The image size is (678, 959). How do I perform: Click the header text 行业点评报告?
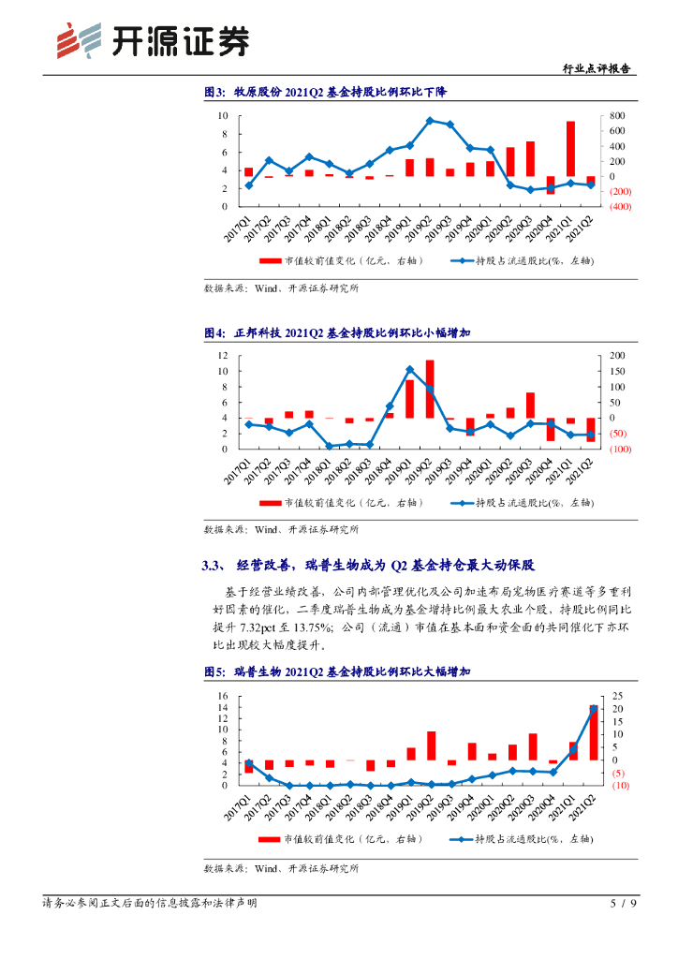point(596,68)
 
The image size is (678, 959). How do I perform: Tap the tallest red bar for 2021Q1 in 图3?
point(570,148)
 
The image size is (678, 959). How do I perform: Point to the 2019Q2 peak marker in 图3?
point(430,120)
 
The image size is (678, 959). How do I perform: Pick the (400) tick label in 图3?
point(621,207)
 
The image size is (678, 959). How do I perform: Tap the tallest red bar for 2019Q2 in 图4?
point(430,389)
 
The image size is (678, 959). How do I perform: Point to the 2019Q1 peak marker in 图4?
point(410,370)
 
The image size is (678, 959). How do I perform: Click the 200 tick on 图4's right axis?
point(618,356)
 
